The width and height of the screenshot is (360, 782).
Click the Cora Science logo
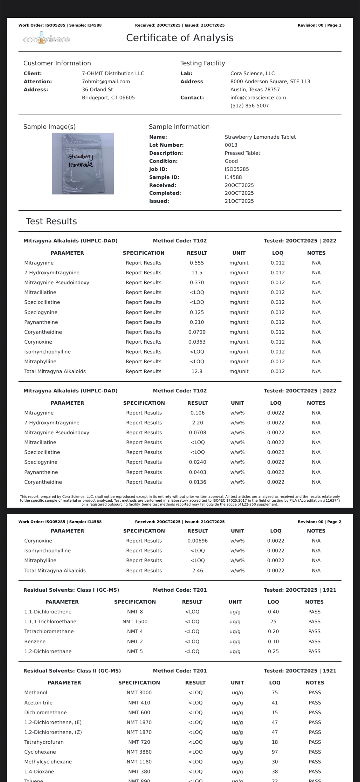click(47, 39)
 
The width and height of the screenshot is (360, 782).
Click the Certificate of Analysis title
click(180, 38)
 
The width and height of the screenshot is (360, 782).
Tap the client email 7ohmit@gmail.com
click(106, 81)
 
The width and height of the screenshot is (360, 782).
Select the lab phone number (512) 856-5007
click(249, 106)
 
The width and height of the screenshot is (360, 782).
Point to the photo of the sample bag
click(83, 163)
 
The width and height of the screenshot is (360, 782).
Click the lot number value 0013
click(231, 145)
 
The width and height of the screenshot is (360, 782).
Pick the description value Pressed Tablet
click(242, 153)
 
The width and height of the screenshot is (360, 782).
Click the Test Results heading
click(51, 221)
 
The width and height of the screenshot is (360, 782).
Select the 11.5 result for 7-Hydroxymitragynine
click(197, 273)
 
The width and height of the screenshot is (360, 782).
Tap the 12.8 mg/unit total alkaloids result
click(197, 371)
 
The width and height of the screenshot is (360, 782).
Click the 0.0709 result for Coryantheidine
click(197, 332)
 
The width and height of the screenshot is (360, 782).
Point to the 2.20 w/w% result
click(197, 422)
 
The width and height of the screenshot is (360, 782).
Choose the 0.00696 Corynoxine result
click(197, 541)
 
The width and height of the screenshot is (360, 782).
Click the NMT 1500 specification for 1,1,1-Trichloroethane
click(135, 621)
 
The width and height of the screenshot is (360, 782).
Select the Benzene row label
click(35, 641)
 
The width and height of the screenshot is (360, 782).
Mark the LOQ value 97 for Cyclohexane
click(275, 752)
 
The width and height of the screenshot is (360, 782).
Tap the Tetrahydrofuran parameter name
click(44, 742)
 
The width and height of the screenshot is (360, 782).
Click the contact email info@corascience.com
click(258, 97)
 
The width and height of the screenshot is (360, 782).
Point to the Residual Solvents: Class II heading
click(72, 671)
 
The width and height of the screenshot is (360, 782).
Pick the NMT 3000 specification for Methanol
click(139, 693)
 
